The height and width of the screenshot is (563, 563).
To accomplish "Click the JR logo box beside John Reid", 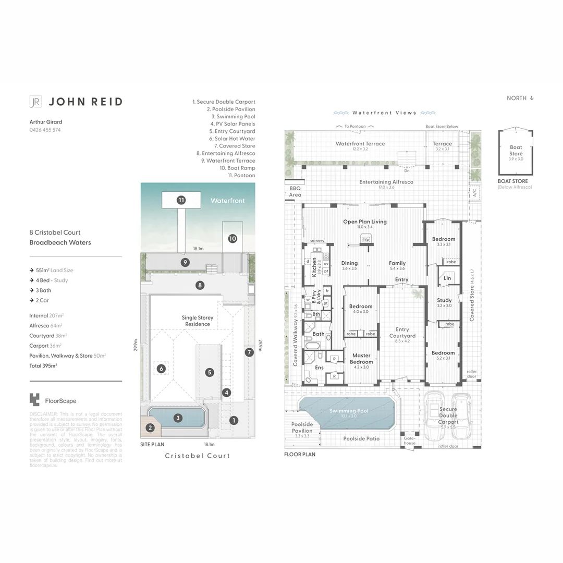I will pos(35,102).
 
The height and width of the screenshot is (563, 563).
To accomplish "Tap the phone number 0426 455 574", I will pos(45,130).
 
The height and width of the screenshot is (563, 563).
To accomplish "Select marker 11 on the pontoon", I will pos(181,200).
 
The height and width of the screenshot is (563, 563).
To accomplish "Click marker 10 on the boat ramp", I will pos(232,238).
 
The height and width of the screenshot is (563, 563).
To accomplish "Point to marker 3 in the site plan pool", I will pos(178,418).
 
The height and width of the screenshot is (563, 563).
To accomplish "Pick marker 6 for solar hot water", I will pos(161,369).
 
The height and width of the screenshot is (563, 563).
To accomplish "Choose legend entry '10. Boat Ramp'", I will pos(237,168).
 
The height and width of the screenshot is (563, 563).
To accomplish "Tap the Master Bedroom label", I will pos(361,359).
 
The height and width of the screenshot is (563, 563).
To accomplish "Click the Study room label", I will pos(444,300).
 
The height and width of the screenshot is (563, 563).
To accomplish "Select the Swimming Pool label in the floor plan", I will pos(349,411).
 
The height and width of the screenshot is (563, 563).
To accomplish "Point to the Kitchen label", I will pos(314,266).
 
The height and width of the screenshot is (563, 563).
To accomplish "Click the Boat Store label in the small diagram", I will pos(516,151).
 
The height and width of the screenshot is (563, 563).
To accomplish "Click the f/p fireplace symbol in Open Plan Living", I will pos(365,239).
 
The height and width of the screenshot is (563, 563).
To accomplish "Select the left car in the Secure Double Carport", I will pos(433,417).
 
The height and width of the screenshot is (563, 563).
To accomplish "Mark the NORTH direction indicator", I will pos(520,98).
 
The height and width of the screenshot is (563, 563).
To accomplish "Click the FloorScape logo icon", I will pos(34,400).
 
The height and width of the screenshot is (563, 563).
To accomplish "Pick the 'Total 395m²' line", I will pos(43,365).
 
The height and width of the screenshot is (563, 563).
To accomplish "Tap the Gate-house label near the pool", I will pos(410,440).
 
